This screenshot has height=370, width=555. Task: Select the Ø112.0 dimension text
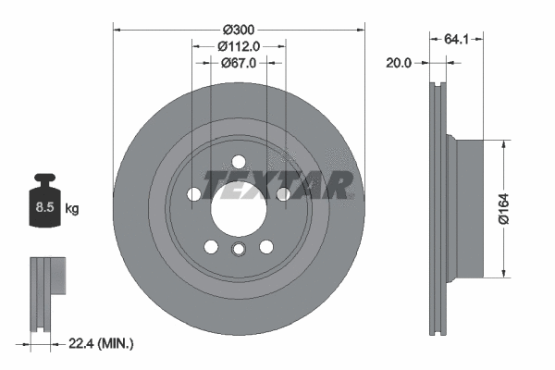coord(239,46)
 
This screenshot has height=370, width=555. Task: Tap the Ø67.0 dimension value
coord(239,63)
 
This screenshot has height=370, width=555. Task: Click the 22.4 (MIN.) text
coord(101,344)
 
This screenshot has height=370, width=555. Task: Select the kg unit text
coord(71,209)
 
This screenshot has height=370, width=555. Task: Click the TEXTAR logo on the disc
coord(278,185)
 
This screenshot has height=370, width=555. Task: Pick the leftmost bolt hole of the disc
coord(193,194)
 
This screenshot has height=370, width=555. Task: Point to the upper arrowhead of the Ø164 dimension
coord(503,143)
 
